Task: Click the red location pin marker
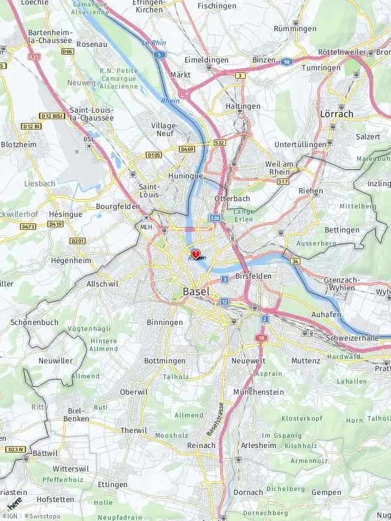pyautogui.click(x=195, y=254)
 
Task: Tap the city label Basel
pyautogui.click(x=196, y=291)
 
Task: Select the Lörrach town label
pyautogui.click(x=336, y=113)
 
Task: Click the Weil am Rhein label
pyautogui.click(x=280, y=167)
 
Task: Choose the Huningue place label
pyautogui.click(x=186, y=176)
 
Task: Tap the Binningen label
pyautogui.click(x=165, y=322)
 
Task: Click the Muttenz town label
pyautogui.click(x=306, y=360)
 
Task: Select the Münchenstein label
pyautogui.click(x=259, y=392)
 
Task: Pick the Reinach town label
pyautogui.click(x=201, y=445)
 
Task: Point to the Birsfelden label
pyautogui.click(x=253, y=275)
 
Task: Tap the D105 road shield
pyautogui.click(x=154, y=155)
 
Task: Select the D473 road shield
pyautogui.click(x=27, y=227)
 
